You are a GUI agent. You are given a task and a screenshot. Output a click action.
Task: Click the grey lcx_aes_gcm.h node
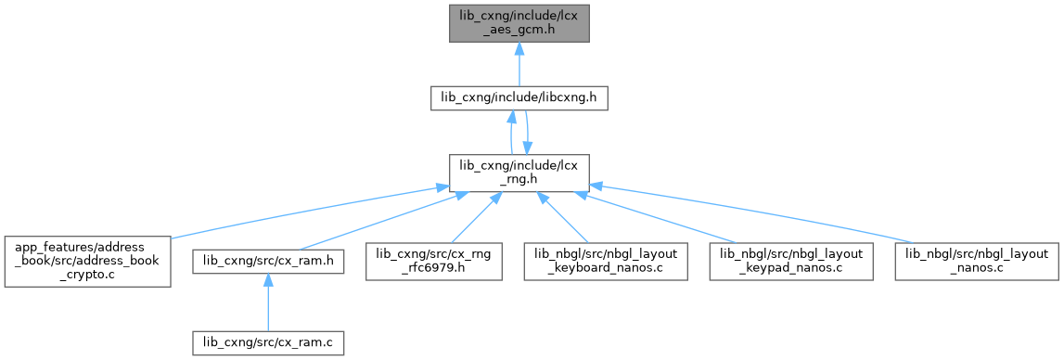pyautogui.click(x=519, y=23)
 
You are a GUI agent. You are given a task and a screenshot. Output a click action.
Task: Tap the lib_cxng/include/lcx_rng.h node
pyautogui.click(x=519, y=174)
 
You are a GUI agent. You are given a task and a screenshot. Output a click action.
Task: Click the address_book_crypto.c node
pyautogui.click(x=87, y=262)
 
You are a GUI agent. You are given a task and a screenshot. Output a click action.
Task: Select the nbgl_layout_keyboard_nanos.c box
pyautogui.click(x=607, y=262)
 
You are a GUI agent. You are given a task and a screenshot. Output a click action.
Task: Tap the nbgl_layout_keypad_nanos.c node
pyautogui.click(x=791, y=262)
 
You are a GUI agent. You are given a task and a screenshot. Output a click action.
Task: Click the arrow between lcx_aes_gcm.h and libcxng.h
pyautogui.click(x=519, y=65)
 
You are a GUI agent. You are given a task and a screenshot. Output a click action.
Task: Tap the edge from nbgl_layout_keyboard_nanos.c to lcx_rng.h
pyautogui.click(x=563, y=217)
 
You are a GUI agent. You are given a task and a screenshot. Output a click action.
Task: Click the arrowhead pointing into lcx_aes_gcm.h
pyautogui.click(x=519, y=49)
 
